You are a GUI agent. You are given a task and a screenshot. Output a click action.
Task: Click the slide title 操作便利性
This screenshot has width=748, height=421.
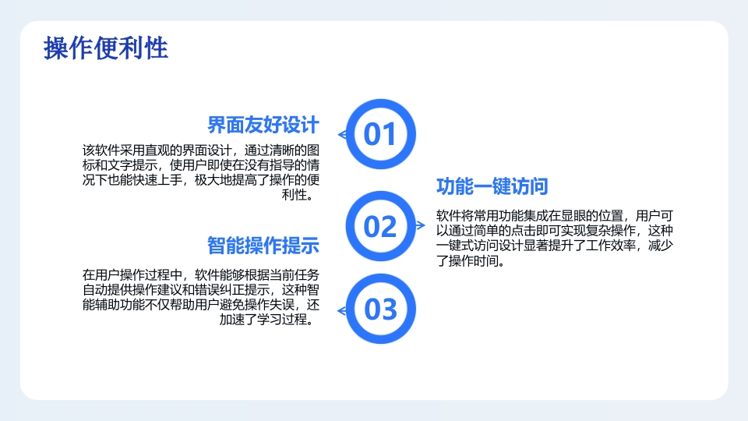pos(106,48)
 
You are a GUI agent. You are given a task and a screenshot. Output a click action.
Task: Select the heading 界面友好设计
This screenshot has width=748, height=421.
pos(263,125)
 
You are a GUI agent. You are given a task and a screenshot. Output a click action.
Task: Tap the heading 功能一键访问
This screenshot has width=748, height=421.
pos(492,186)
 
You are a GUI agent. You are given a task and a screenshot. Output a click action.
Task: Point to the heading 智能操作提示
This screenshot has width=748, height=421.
pos(263,246)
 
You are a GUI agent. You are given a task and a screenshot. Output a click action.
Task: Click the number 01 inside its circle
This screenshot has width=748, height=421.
pos(380,134)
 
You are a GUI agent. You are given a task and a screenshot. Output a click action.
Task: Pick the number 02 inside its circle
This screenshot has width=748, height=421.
pos(380,226)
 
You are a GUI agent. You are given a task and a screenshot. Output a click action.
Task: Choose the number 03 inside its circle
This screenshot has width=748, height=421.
pos(380,310)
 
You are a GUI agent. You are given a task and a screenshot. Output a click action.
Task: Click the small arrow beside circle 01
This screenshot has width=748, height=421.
pos(342,135)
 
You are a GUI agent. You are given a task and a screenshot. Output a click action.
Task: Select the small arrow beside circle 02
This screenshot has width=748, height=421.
pos(420,225)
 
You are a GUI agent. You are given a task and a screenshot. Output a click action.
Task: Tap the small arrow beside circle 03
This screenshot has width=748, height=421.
pos(342,311)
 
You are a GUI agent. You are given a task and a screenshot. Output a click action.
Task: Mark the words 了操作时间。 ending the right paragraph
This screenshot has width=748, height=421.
pos(471,260)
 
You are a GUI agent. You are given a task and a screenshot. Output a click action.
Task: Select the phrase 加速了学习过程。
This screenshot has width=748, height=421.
pos(268,320)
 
